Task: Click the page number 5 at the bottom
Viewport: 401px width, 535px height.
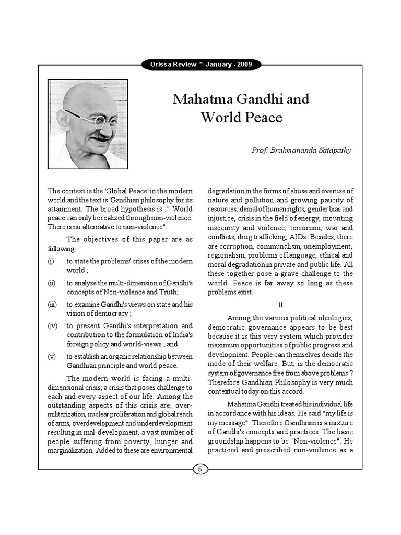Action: click(x=200, y=469)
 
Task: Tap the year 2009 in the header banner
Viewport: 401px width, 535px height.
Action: click(x=243, y=65)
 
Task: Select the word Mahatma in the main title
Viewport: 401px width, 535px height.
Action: click(x=200, y=99)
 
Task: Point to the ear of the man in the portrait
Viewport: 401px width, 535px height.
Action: click(x=64, y=121)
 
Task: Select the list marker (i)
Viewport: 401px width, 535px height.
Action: click(x=51, y=261)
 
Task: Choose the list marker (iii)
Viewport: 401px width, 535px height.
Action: click(x=52, y=304)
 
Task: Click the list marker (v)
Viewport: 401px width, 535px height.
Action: click(x=52, y=356)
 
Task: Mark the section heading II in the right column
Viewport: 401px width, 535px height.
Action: click(x=280, y=305)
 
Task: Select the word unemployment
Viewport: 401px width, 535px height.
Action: click(x=328, y=246)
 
